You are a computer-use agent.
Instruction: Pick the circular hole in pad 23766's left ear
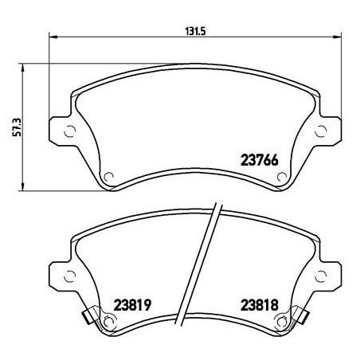point(68,133)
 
